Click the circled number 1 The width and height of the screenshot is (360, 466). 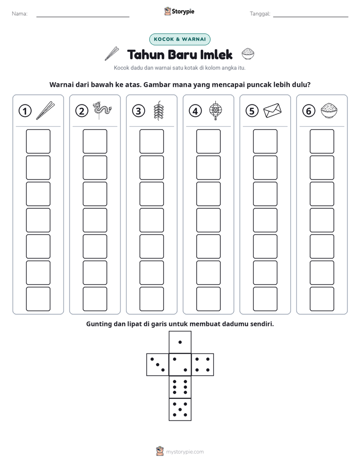coord(25,111)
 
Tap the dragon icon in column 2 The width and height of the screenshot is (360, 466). coord(102,110)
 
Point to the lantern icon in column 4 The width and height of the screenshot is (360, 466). coord(215,110)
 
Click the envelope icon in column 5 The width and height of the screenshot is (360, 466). coord(272,110)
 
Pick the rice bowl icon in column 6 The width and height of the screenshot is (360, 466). coord(329,110)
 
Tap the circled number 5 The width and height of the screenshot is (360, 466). coord(252,111)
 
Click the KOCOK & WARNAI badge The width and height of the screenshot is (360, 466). coord(179,39)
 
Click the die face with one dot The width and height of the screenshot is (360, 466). coord(180,342)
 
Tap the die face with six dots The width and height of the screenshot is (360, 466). coord(180,387)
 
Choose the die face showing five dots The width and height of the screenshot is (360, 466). coord(180,410)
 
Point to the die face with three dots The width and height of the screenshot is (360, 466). coord(158,365)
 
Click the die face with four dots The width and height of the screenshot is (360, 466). coord(203,365)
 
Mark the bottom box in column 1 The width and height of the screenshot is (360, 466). coord(38,299)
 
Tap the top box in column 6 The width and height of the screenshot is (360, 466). coord(322,141)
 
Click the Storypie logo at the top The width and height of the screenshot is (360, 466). coord(179,11)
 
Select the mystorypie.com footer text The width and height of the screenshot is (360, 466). coord(185,452)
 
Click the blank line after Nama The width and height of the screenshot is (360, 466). coord(83,17)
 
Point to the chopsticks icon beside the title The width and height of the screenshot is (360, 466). coord(112,53)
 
